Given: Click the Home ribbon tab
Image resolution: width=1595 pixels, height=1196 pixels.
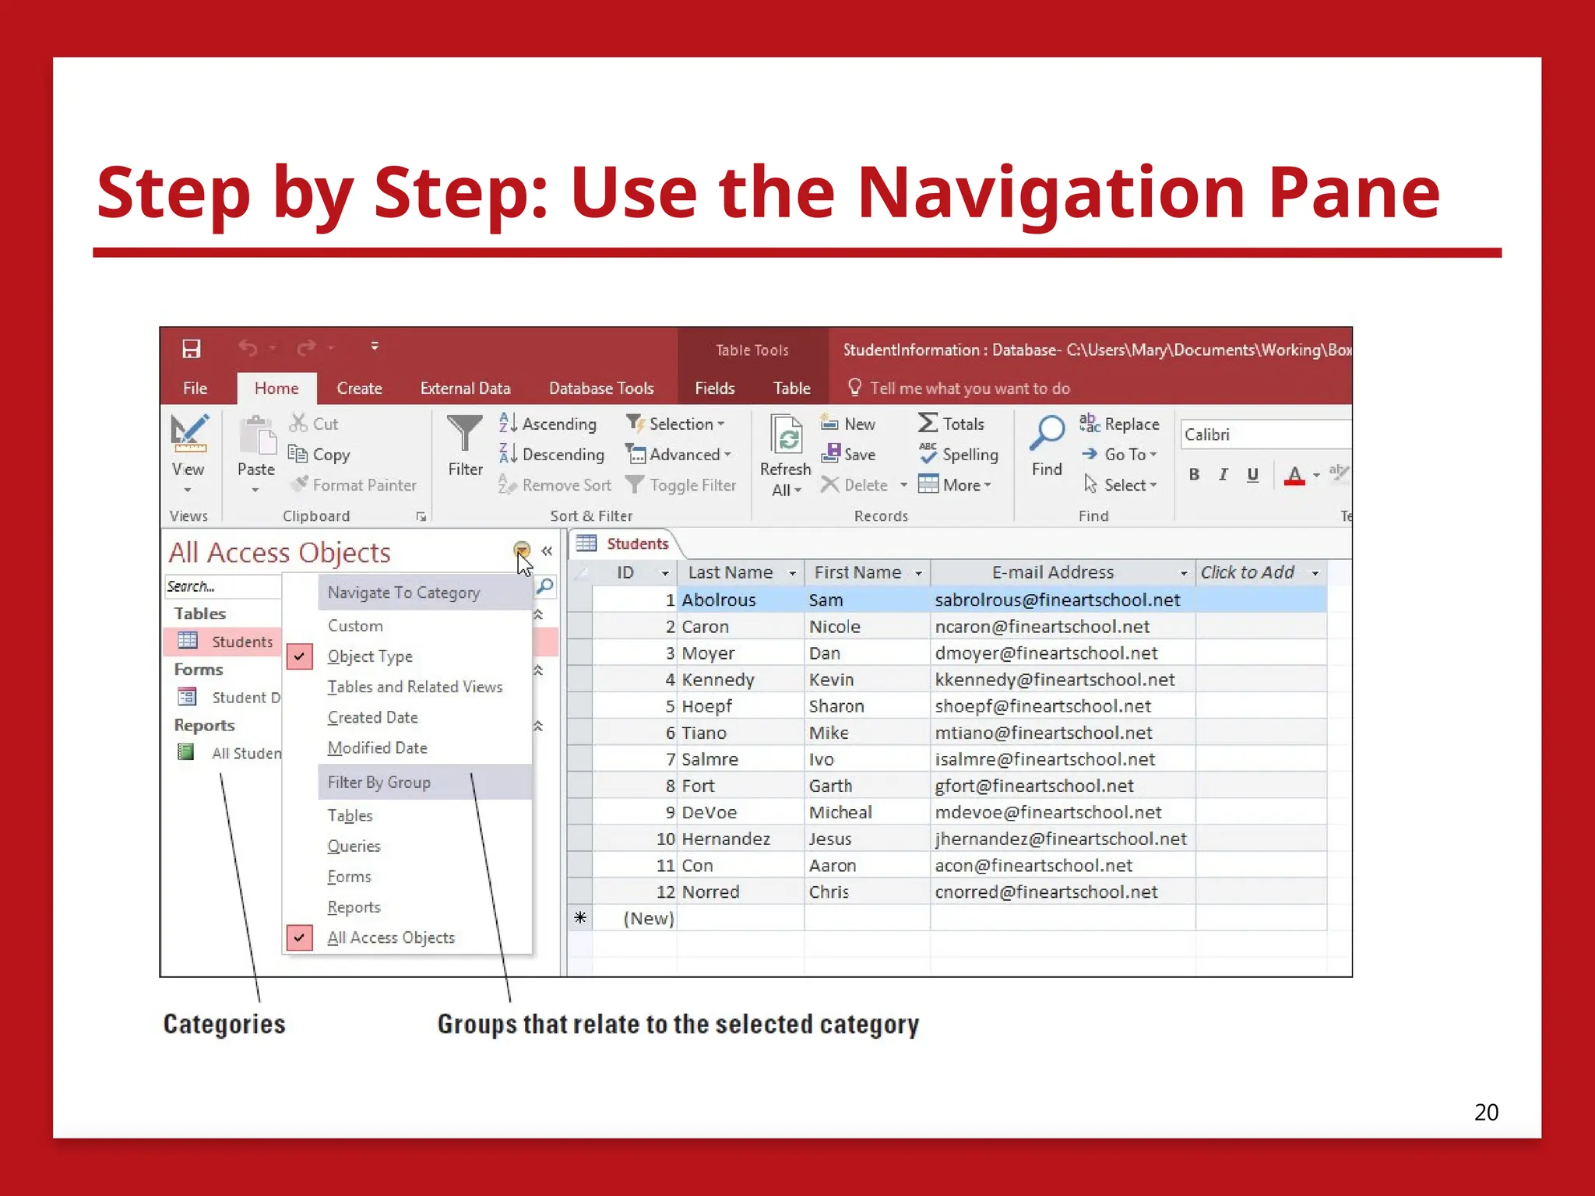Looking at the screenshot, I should tap(276, 389).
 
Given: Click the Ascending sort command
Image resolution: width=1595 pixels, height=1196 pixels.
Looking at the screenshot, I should tap(548, 424).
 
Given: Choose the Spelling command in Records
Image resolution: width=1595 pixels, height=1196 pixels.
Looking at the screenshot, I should tap(959, 455).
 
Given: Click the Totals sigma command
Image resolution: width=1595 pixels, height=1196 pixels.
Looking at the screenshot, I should tap(952, 424).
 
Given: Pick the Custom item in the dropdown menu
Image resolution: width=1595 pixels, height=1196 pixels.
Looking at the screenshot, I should tap(355, 626).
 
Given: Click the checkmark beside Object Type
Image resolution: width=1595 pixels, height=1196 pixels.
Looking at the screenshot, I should tap(300, 656).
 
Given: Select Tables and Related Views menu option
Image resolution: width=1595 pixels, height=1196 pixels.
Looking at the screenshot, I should tap(414, 687).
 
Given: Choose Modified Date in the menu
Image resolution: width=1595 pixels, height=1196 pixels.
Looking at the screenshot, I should tap(377, 748).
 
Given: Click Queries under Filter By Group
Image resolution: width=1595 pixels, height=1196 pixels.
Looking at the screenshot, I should tap(354, 846).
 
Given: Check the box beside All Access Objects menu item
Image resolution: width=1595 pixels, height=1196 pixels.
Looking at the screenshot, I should tap(300, 937).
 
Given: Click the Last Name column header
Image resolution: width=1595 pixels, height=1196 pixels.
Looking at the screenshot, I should tap(731, 573).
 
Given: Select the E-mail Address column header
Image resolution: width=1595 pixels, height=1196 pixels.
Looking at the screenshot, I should tap(1052, 573).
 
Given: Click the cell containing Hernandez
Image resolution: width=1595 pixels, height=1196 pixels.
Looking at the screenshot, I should tap(726, 839).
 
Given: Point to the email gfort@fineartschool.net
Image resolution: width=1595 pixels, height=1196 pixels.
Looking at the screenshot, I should tap(1033, 786).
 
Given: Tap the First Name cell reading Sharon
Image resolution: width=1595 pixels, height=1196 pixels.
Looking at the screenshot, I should tap(836, 706).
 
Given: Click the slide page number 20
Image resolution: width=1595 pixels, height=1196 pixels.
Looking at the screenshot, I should tap(1486, 1112).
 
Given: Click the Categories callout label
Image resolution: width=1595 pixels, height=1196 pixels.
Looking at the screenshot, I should tap(224, 1025).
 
